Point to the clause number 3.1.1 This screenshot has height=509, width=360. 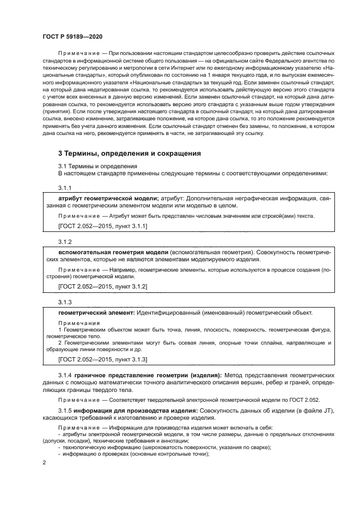pos(65,187)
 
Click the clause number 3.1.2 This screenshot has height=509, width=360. pos(65,241)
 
